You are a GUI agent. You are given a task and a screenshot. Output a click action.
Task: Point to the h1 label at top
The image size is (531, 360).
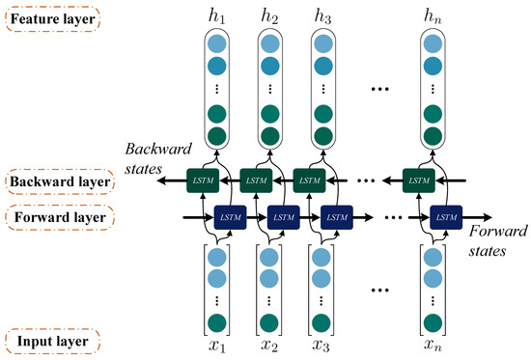click(x=218, y=16)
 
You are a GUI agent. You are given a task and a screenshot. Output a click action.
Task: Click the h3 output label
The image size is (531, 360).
click(x=322, y=16)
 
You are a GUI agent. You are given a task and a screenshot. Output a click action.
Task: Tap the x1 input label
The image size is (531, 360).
click(x=218, y=345)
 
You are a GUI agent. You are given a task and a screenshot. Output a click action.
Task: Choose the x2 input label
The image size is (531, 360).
click(x=270, y=345)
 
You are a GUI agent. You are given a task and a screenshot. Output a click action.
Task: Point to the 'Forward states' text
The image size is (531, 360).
click(x=495, y=239)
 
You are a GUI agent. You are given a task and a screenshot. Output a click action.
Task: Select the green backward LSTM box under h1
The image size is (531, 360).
click(x=204, y=180)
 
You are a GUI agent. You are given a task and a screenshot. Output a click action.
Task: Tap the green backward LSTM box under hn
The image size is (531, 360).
click(x=418, y=180)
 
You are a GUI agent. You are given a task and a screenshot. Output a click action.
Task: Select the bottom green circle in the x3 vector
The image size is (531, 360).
click(x=322, y=321)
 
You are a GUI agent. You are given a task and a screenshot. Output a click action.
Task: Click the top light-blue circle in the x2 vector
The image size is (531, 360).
click(x=270, y=256)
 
